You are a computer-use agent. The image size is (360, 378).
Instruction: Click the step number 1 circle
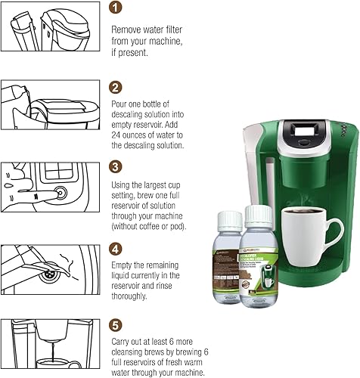[x=114, y=9]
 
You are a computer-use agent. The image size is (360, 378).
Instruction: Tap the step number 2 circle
[x=114, y=87]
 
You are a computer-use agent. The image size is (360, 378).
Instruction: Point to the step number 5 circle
[x=114, y=327]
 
